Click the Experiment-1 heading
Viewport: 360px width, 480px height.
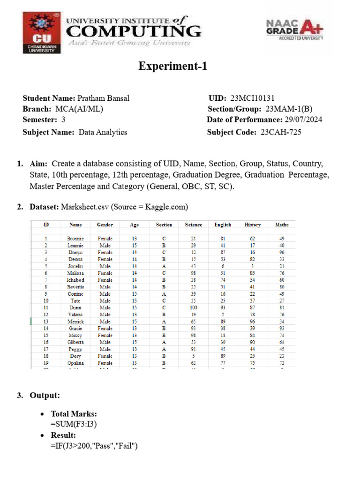(x=172, y=67)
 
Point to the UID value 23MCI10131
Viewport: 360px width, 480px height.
(x=252, y=98)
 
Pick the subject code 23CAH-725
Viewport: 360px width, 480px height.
(x=280, y=132)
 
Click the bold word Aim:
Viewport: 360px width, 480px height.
(x=39, y=164)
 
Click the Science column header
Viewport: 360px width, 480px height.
(x=193, y=225)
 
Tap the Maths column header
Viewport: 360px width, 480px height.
(x=281, y=225)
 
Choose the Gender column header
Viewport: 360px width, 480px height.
(x=105, y=225)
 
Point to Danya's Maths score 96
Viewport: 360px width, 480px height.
(x=282, y=252)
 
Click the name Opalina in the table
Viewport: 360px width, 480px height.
(x=75, y=363)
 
